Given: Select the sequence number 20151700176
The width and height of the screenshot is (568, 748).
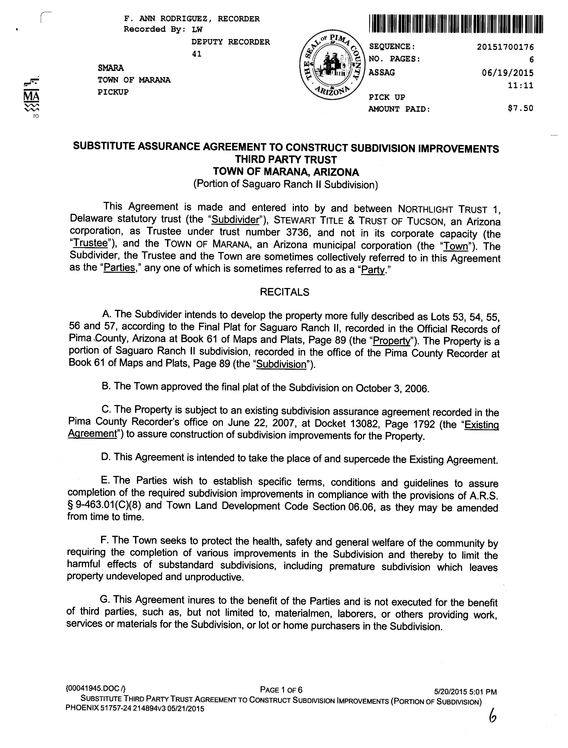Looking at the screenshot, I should click(x=505, y=47).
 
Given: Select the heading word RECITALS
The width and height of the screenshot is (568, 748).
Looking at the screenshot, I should click(x=284, y=292).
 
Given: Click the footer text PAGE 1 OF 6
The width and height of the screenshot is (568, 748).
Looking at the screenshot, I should click(x=281, y=690).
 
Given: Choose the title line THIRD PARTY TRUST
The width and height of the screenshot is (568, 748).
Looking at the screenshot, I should click(x=286, y=160).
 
